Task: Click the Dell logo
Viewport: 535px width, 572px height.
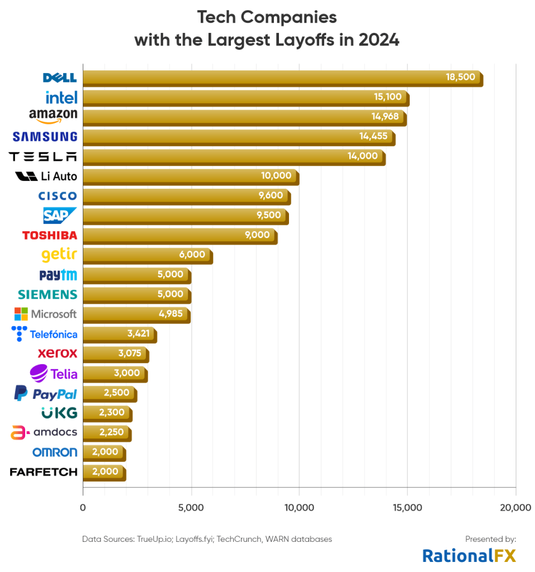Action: pos(59,78)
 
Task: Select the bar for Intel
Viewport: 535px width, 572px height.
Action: pos(246,97)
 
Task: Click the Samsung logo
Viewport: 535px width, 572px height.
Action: pos(45,136)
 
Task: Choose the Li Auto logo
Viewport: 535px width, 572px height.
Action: pos(46,177)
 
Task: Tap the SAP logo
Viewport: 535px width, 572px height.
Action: pos(60,215)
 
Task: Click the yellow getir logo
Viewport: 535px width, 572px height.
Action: pos(59,255)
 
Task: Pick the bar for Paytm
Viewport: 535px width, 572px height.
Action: pos(137,275)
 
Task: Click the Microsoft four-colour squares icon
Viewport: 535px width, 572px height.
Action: pos(21,314)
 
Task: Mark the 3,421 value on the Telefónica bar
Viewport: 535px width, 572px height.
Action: pos(138,334)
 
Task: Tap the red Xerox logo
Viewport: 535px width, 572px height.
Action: pos(57,354)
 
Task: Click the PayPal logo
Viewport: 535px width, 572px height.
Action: pos(45,394)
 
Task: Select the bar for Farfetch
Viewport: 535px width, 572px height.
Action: pos(104,472)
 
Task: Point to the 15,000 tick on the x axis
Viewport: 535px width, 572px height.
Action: pos(408,508)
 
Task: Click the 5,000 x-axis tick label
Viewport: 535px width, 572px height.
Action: pos(191,508)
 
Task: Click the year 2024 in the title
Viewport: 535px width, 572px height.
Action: pos(378,41)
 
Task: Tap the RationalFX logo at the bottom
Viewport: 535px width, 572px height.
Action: pos(468,555)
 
